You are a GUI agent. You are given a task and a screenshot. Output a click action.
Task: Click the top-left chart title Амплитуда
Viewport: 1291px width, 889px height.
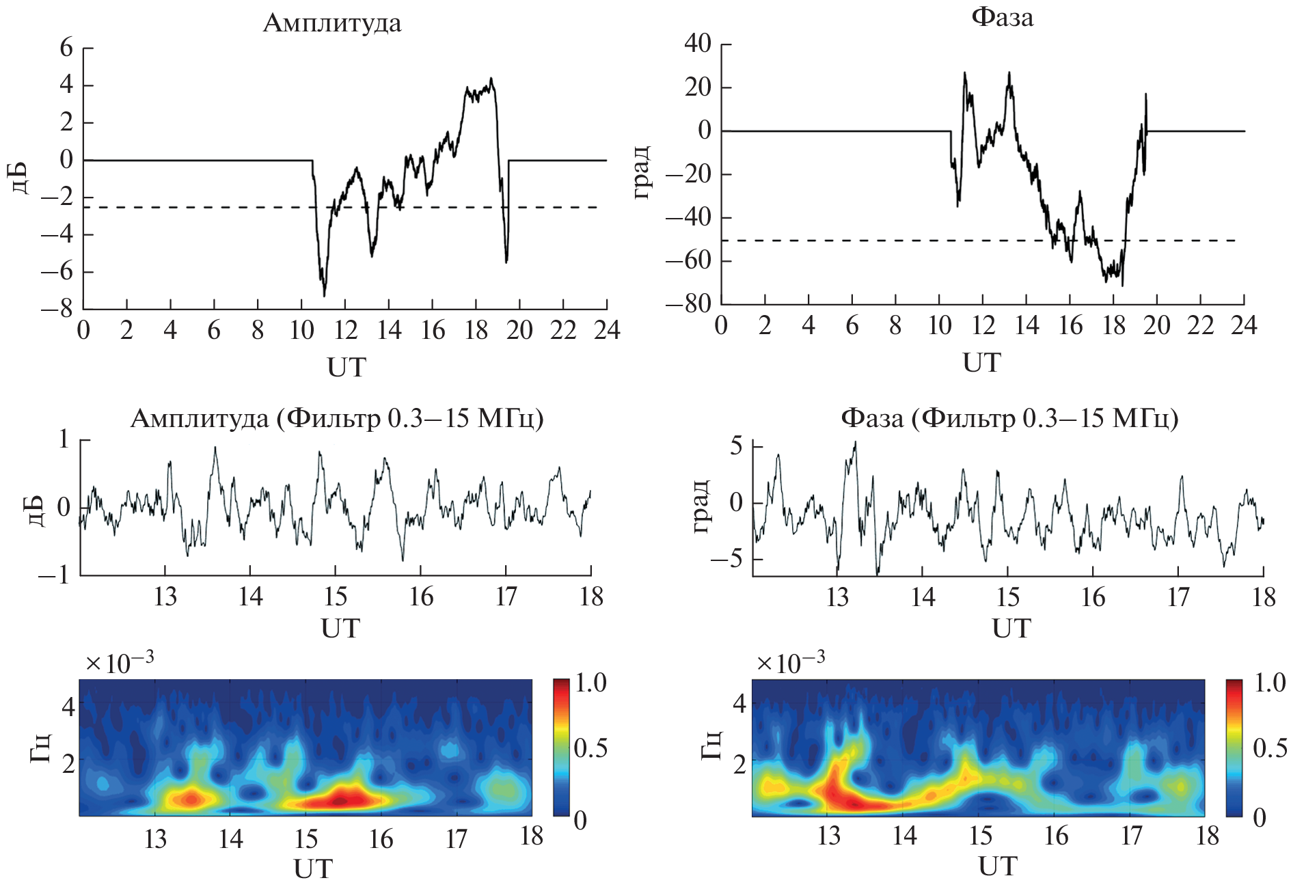pyautogui.click(x=332, y=23)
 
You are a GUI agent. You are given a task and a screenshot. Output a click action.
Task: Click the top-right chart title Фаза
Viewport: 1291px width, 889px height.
pyautogui.click(x=1002, y=17)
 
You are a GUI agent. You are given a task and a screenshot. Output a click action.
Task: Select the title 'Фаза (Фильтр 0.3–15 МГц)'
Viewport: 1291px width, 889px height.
pyautogui.click(x=1009, y=418)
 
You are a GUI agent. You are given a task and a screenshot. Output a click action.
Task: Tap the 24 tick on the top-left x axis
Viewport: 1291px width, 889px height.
pyautogui.click(x=607, y=331)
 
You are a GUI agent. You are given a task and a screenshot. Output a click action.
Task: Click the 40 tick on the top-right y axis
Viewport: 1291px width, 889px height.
pyautogui.click(x=698, y=44)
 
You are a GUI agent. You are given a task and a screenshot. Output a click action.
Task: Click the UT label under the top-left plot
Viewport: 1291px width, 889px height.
pyautogui.click(x=346, y=368)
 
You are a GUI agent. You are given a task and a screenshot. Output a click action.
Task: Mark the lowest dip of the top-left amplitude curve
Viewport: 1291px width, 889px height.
pyautogui.click(x=324, y=295)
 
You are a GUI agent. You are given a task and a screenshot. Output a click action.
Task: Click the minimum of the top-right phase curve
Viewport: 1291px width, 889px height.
pyautogui.click(x=1122, y=284)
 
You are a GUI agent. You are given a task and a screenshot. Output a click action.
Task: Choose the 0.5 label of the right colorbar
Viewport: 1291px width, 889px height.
pyautogui.click(x=1269, y=748)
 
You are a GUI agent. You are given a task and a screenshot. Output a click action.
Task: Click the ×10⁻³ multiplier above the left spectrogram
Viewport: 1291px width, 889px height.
pyautogui.click(x=120, y=662)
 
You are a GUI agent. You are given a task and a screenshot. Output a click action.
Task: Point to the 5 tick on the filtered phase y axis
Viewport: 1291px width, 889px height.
pyautogui.click(x=736, y=447)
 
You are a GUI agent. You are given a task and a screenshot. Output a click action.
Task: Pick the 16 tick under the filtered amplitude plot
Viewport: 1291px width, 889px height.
pyautogui.click(x=421, y=597)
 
